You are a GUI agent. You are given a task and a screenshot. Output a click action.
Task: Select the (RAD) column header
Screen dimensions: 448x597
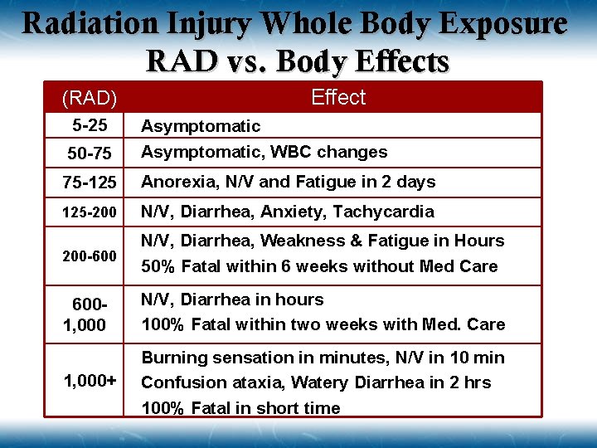90,99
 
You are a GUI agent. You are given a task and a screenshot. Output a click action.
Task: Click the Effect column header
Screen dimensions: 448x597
337,97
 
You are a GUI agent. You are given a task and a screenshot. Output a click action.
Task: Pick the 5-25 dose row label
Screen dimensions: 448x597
90,127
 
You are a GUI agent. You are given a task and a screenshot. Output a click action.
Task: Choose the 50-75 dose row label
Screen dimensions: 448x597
90,153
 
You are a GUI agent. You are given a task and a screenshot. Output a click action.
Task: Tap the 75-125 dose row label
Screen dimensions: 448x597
90,183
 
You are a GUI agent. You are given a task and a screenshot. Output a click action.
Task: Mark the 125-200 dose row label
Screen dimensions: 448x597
90,212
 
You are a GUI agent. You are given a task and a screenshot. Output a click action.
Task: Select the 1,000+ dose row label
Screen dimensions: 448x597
90,381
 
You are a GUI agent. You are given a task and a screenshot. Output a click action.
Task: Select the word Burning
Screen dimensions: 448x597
172,358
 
